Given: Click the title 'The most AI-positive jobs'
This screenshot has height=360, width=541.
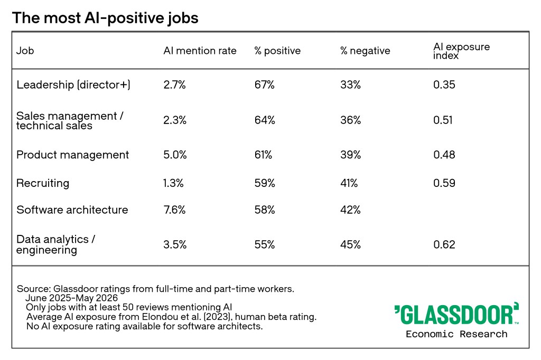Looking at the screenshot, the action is click(105, 18).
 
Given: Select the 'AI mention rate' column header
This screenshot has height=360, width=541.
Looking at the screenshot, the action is click(200, 51).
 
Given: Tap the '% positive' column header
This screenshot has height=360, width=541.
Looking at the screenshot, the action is click(277, 51).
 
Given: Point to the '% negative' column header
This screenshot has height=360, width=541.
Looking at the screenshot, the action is click(365, 51).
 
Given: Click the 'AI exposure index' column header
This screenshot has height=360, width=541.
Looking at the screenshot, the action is click(461, 51).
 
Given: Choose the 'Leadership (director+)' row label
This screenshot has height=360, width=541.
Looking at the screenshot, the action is click(73, 84).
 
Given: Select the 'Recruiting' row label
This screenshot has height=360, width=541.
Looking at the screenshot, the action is click(43, 183).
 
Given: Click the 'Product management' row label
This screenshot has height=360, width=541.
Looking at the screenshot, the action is click(72, 155).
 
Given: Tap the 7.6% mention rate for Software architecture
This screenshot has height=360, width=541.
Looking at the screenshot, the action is click(174, 210).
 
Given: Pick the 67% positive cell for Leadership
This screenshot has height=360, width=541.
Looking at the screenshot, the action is click(264, 84).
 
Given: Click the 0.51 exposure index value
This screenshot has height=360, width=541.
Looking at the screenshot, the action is click(443, 120).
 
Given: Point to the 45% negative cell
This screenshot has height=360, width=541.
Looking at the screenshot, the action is click(350, 244).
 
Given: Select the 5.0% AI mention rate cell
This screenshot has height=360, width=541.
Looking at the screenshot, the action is click(175, 155).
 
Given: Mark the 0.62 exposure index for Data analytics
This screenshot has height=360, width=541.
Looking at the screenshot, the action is click(444, 244).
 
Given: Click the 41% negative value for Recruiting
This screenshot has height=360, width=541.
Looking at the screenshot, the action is click(349, 183).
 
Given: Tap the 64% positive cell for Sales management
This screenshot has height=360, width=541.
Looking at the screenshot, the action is click(265, 120).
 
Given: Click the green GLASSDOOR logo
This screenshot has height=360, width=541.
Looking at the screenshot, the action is click(456, 314).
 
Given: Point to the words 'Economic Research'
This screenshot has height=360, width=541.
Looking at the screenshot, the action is click(456, 334).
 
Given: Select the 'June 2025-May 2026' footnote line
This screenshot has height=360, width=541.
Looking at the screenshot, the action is click(71, 298).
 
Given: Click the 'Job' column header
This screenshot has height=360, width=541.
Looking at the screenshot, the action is click(25, 51).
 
